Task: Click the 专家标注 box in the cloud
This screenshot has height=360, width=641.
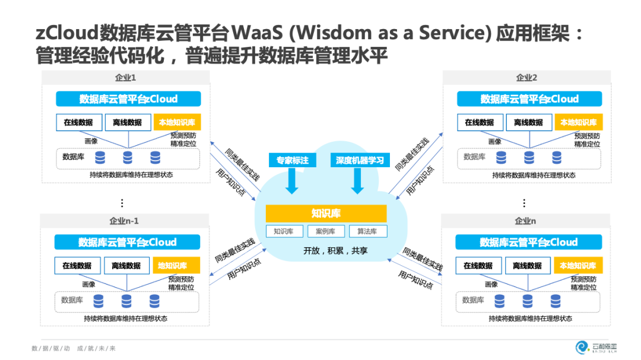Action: tap(293, 160)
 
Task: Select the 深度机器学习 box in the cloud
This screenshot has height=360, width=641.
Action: tap(360, 160)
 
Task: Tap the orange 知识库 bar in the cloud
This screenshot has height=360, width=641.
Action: tap(326, 214)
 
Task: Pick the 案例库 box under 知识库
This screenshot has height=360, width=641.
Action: tap(326, 231)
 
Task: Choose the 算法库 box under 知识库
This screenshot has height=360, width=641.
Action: tap(367, 231)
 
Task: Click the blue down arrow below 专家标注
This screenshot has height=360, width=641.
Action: tap(291, 181)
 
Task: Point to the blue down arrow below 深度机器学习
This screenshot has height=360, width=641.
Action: tap(357, 181)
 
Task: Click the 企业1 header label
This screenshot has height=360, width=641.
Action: tap(125, 78)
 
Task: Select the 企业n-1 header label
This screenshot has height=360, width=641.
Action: tap(124, 221)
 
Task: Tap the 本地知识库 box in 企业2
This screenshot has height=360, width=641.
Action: tap(579, 122)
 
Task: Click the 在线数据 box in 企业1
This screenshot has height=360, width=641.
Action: tap(78, 123)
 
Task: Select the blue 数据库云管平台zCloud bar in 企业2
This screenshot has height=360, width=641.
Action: tap(529, 99)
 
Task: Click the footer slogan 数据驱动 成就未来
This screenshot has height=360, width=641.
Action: tap(74, 348)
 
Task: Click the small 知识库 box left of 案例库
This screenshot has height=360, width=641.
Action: tap(284, 231)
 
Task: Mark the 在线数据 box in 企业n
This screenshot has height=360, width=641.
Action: tap(478, 266)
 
